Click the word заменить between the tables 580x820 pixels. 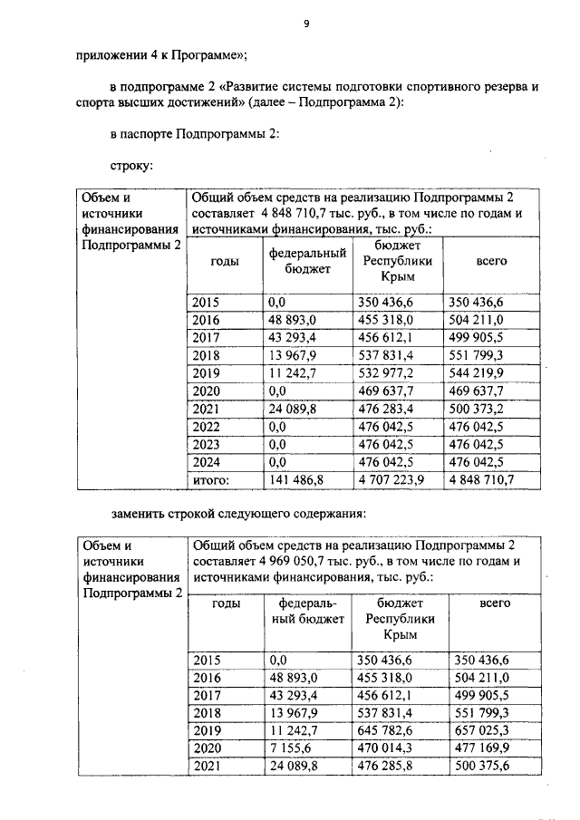[x=142, y=514]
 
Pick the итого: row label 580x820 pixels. [x=211, y=479]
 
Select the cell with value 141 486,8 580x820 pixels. [x=295, y=479]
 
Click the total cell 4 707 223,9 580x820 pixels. [x=392, y=479]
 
